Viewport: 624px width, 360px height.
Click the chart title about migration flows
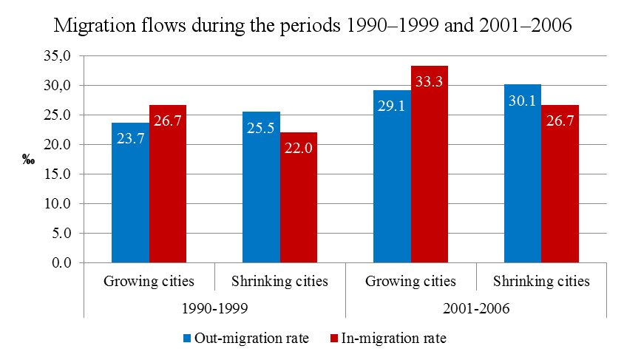pyautogui.click(x=313, y=27)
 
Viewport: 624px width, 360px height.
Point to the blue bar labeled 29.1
pyautogui.click(x=392, y=177)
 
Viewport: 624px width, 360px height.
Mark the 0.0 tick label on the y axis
pyautogui.click(x=61, y=263)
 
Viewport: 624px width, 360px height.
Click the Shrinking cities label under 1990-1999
pyautogui.click(x=279, y=282)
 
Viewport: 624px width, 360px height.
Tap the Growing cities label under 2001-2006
pyautogui.click(x=410, y=282)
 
